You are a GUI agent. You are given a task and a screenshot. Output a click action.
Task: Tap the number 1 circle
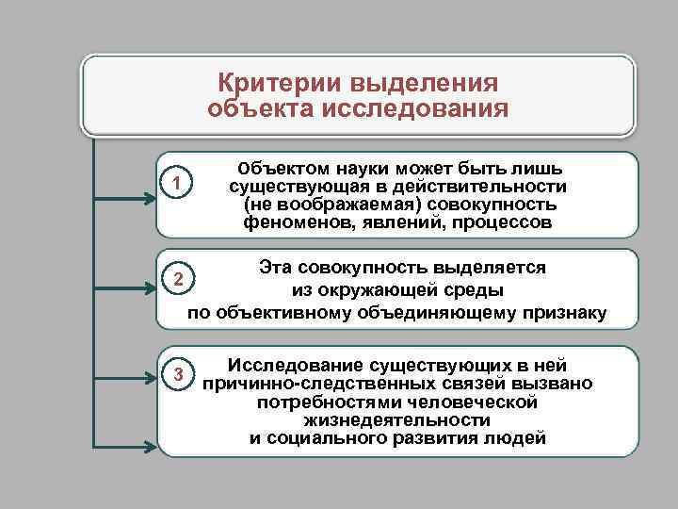(176, 181)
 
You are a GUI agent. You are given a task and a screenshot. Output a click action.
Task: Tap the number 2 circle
(176, 280)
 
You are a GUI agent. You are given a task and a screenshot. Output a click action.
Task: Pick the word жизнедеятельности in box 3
(396, 419)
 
